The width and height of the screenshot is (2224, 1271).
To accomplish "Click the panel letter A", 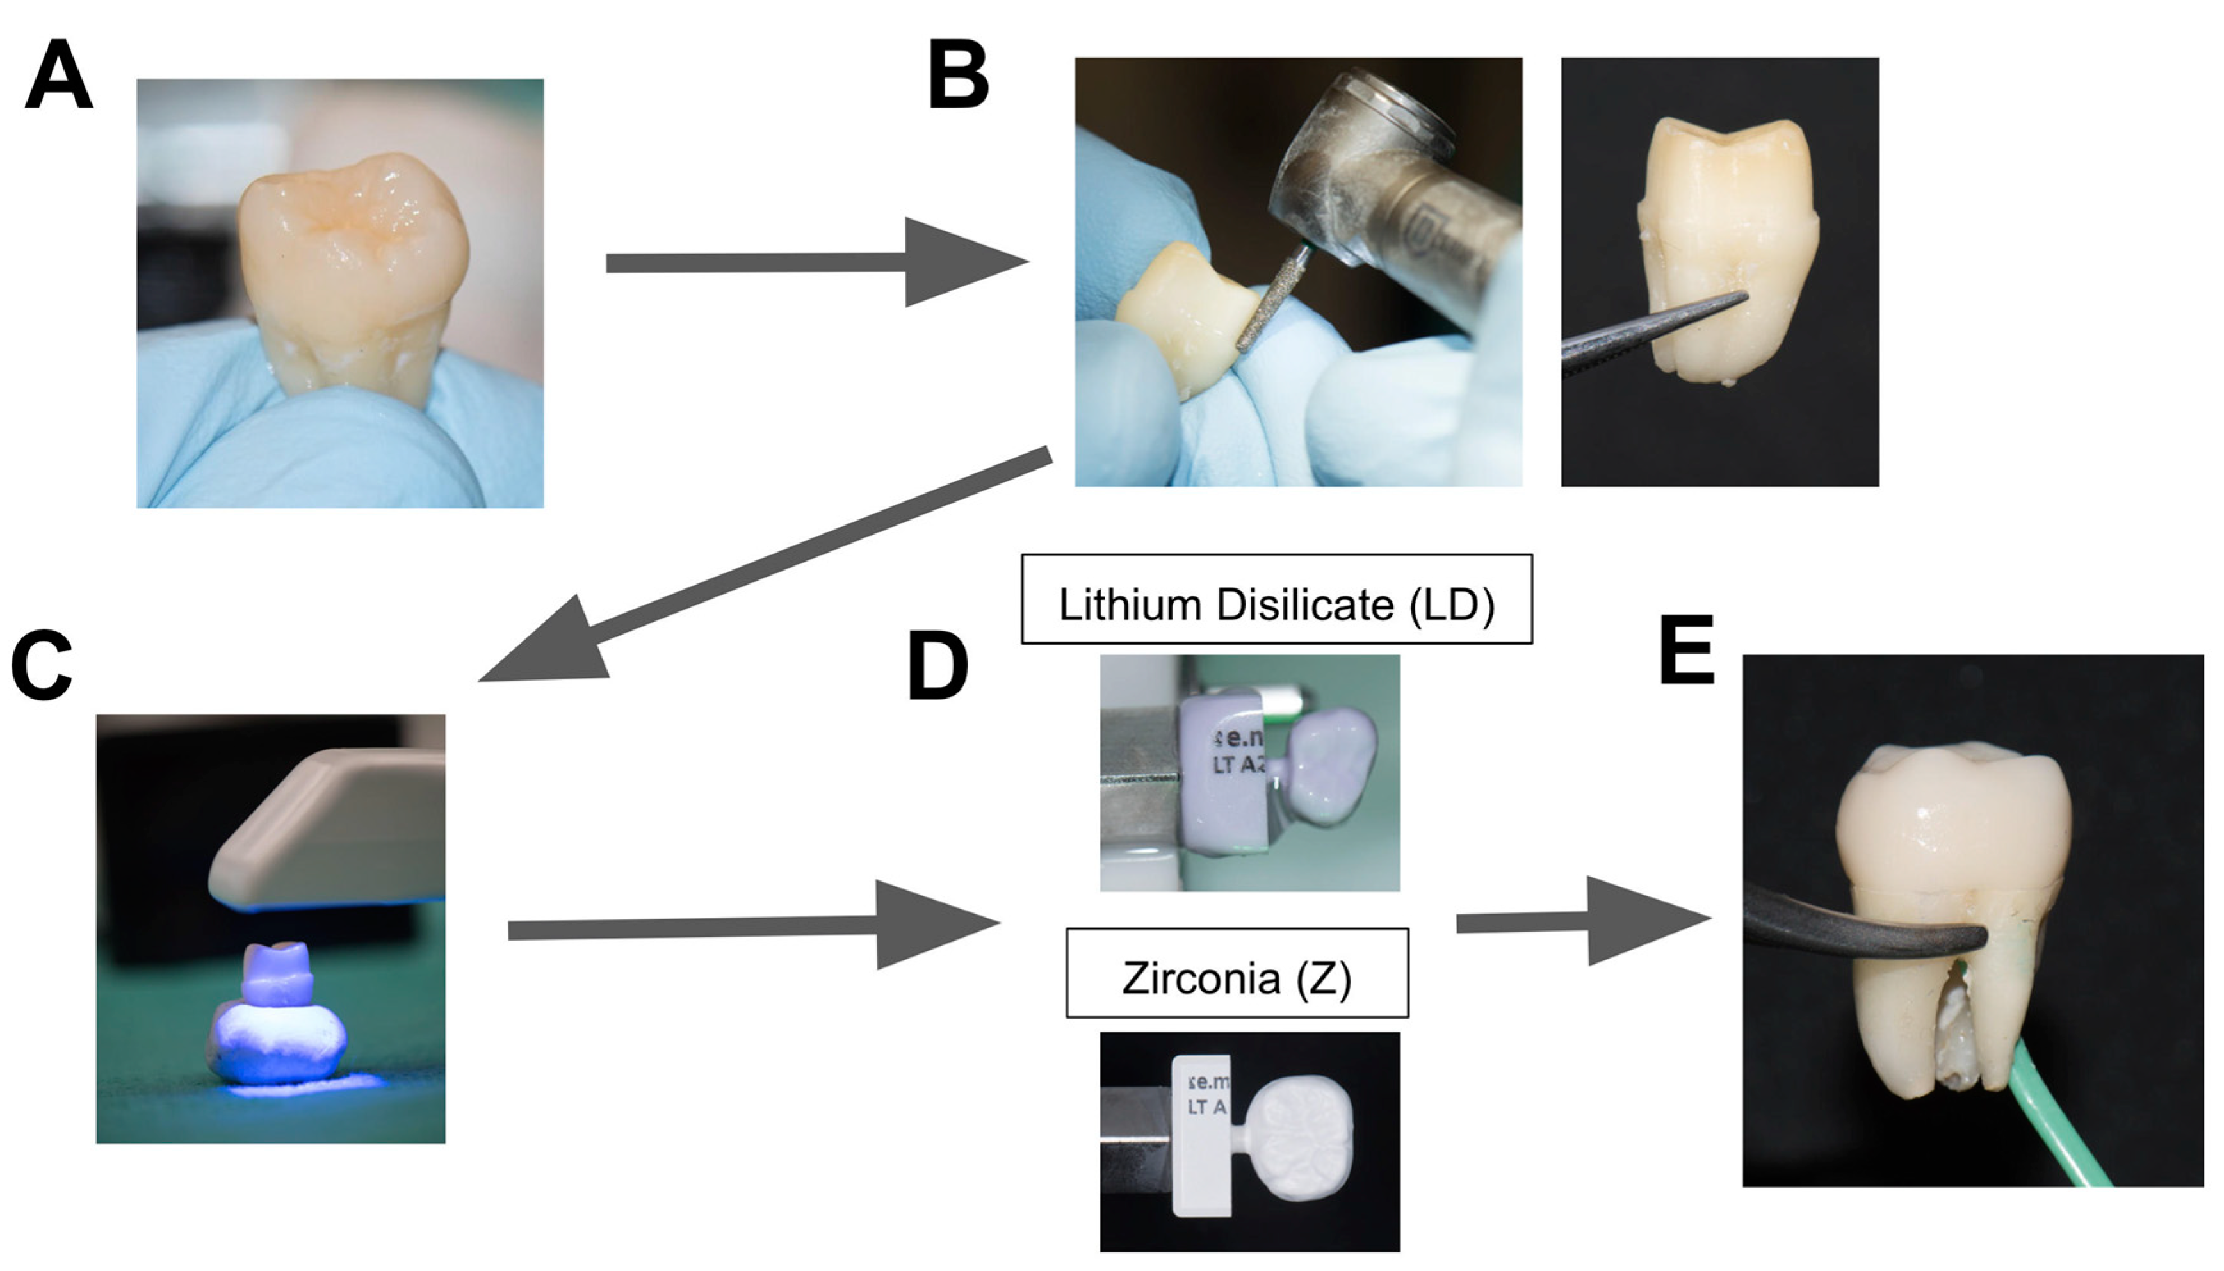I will pos(58,77).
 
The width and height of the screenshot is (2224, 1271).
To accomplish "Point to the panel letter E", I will pos(1686,651).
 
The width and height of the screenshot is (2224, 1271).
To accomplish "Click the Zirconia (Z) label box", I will pos(1237,973).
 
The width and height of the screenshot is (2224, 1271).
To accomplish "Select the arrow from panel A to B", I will pos(816,262).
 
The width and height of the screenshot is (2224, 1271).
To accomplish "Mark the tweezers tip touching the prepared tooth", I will pos(1737,298).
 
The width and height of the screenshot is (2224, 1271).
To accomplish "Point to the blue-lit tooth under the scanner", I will pos(277,1021).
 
